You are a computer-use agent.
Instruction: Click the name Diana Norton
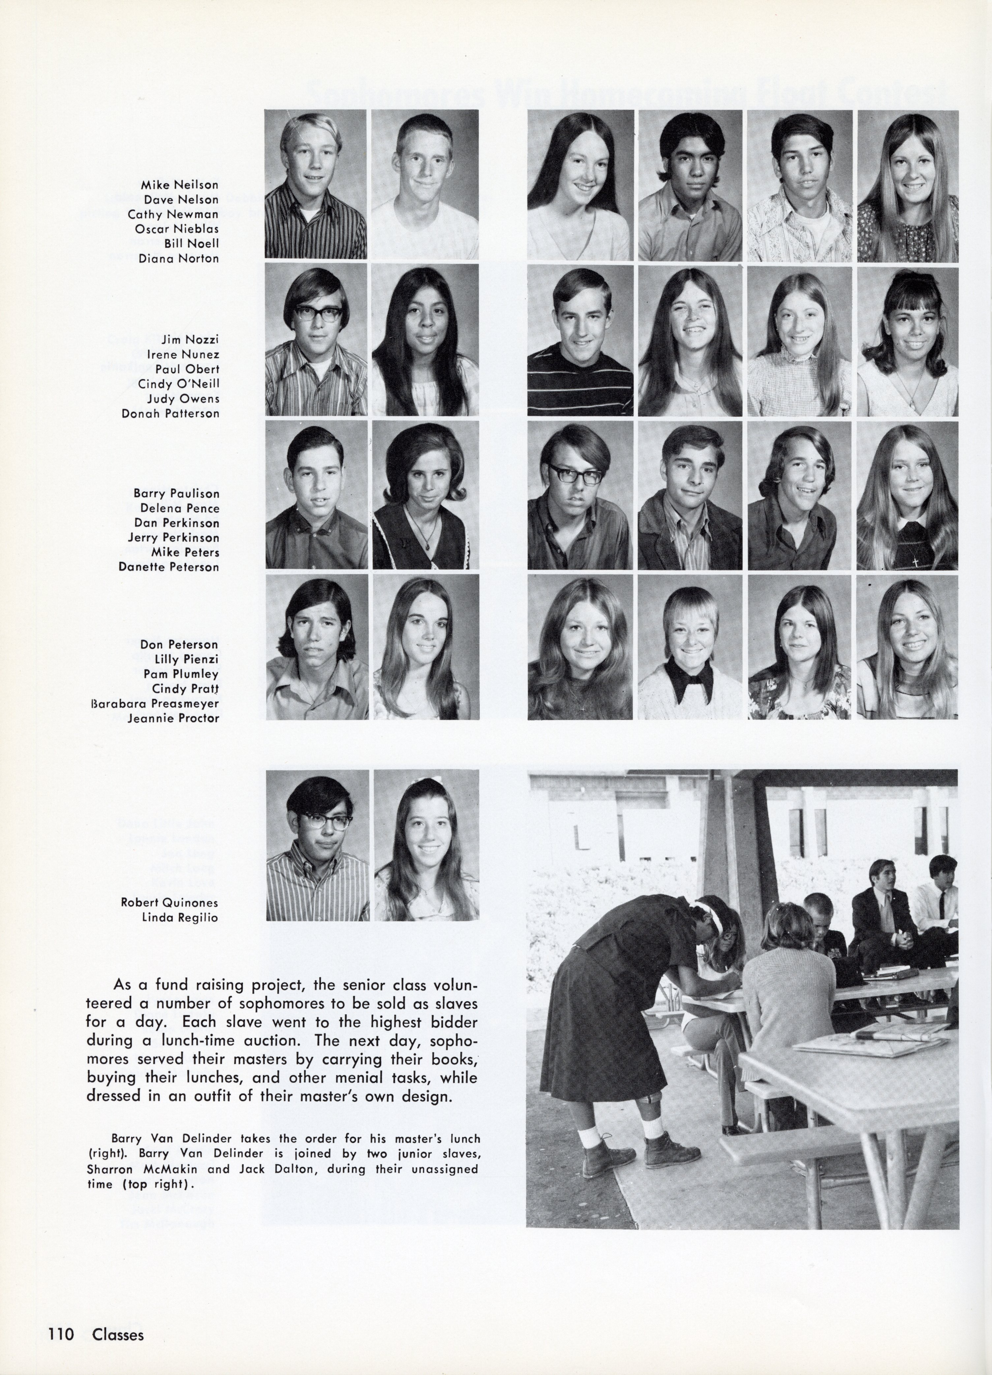point(179,258)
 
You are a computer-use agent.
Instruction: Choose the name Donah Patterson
point(170,414)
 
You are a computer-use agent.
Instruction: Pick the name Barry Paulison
point(176,493)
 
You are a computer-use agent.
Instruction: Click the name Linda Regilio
point(179,917)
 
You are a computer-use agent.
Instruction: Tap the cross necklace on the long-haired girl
point(915,562)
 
